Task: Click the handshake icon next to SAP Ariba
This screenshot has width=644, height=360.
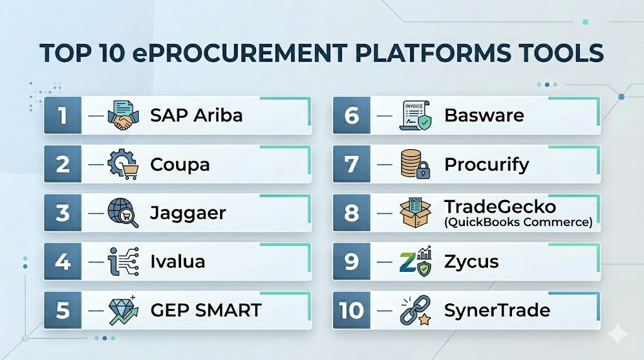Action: (x=123, y=115)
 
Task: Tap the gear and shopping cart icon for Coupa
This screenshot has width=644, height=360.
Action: (x=123, y=164)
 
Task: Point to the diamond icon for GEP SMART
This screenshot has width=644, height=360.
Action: (x=123, y=310)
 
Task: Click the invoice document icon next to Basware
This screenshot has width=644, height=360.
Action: (x=416, y=115)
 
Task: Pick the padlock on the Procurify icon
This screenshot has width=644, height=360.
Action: (x=423, y=170)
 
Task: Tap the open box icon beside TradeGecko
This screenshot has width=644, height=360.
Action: (x=416, y=213)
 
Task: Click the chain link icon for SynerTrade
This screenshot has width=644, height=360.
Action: (x=416, y=310)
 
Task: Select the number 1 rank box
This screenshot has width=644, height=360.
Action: (x=62, y=115)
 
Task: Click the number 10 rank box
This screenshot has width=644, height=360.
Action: (x=352, y=310)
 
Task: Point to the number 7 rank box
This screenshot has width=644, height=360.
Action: (x=352, y=164)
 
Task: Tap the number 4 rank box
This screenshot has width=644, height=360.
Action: (x=62, y=261)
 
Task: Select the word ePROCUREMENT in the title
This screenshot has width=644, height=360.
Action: (x=240, y=53)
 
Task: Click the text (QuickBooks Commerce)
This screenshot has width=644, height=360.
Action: (x=518, y=222)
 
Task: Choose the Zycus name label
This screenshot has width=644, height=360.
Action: (x=471, y=262)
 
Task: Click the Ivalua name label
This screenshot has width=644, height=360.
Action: (x=177, y=261)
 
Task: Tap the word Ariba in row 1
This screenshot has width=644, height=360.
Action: (x=218, y=115)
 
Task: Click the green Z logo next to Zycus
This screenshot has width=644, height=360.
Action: (x=408, y=262)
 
